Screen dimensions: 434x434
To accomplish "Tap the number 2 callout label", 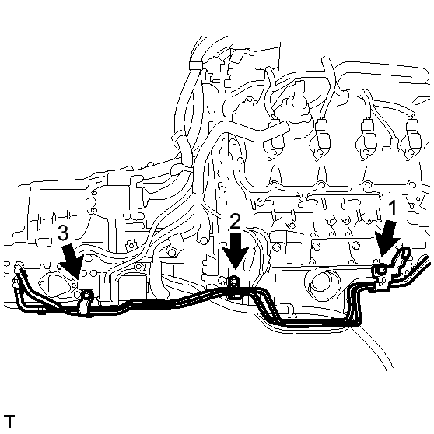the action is coord(235,222).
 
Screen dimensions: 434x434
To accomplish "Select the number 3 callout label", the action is coord(63,233).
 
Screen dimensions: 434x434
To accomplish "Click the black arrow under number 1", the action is coord(387,239).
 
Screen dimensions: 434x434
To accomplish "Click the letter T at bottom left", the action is coord(9,422).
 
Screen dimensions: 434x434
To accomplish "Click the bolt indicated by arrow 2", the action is coord(233,281).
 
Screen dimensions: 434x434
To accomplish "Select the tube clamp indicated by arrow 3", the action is coord(86,303).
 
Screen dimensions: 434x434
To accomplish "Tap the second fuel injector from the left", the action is coord(320,138).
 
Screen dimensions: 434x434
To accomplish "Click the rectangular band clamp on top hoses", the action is coord(196,65).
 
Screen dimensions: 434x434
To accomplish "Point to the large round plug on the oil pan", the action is coord(322,283).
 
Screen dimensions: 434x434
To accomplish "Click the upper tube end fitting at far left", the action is coord(19,266).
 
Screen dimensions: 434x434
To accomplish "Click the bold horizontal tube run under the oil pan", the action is coord(316,323).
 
